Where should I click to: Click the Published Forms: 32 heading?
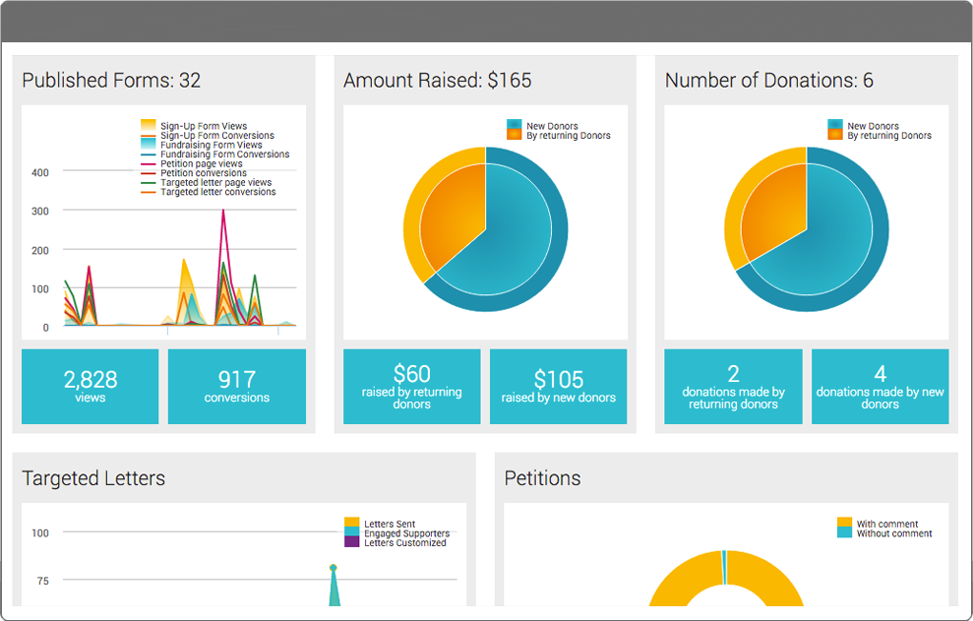click(x=111, y=81)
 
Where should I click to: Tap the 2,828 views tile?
click(x=90, y=386)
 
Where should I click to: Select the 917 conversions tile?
click(x=236, y=386)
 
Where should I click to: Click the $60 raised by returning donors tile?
click(x=411, y=386)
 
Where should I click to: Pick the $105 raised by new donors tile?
click(x=558, y=386)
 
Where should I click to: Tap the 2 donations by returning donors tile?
click(x=733, y=386)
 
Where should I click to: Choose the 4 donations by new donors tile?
click(x=880, y=386)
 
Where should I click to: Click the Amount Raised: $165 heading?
click(x=437, y=81)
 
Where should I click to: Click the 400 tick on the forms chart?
click(x=40, y=172)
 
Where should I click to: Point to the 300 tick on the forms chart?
click(x=40, y=212)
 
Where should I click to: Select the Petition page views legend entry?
click(x=201, y=164)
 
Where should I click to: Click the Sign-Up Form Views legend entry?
click(x=203, y=126)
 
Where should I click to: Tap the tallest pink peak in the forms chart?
click(x=223, y=212)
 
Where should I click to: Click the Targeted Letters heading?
click(x=93, y=479)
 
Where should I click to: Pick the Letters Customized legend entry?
click(x=404, y=543)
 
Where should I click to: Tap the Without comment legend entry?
click(x=893, y=533)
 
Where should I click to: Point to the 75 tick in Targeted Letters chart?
click(x=42, y=581)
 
